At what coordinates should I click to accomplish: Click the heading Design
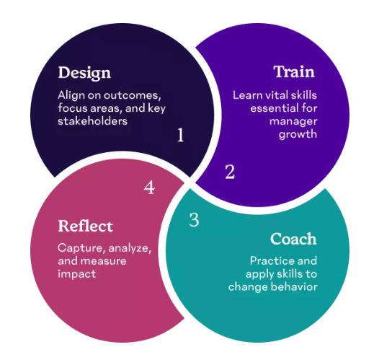(x=84, y=73)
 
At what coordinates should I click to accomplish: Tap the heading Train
(x=294, y=71)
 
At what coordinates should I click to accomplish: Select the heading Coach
(x=293, y=239)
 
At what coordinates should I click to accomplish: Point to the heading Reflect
(x=86, y=226)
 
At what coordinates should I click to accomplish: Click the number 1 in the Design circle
(x=181, y=135)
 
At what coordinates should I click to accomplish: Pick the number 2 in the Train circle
(x=230, y=172)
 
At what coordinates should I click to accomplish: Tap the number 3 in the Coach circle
(x=194, y=220)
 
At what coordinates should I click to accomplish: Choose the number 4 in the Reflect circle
(x=149, y=188)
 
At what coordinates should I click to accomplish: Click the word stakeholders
(x=92, y=121)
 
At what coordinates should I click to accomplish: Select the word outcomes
(x=133, y=96)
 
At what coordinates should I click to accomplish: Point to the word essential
(x=275, y=108)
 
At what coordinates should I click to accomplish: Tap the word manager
(x=293, y=122)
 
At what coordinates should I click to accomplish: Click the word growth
(x=298, y=135)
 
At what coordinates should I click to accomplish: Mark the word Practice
(x=272, y=261)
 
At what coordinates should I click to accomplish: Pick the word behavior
(x=294, y=286)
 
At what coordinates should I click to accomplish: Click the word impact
(x=77, y=274)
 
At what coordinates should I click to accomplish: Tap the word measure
(x=104, y=261)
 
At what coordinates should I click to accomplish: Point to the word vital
(x=275, y=95)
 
